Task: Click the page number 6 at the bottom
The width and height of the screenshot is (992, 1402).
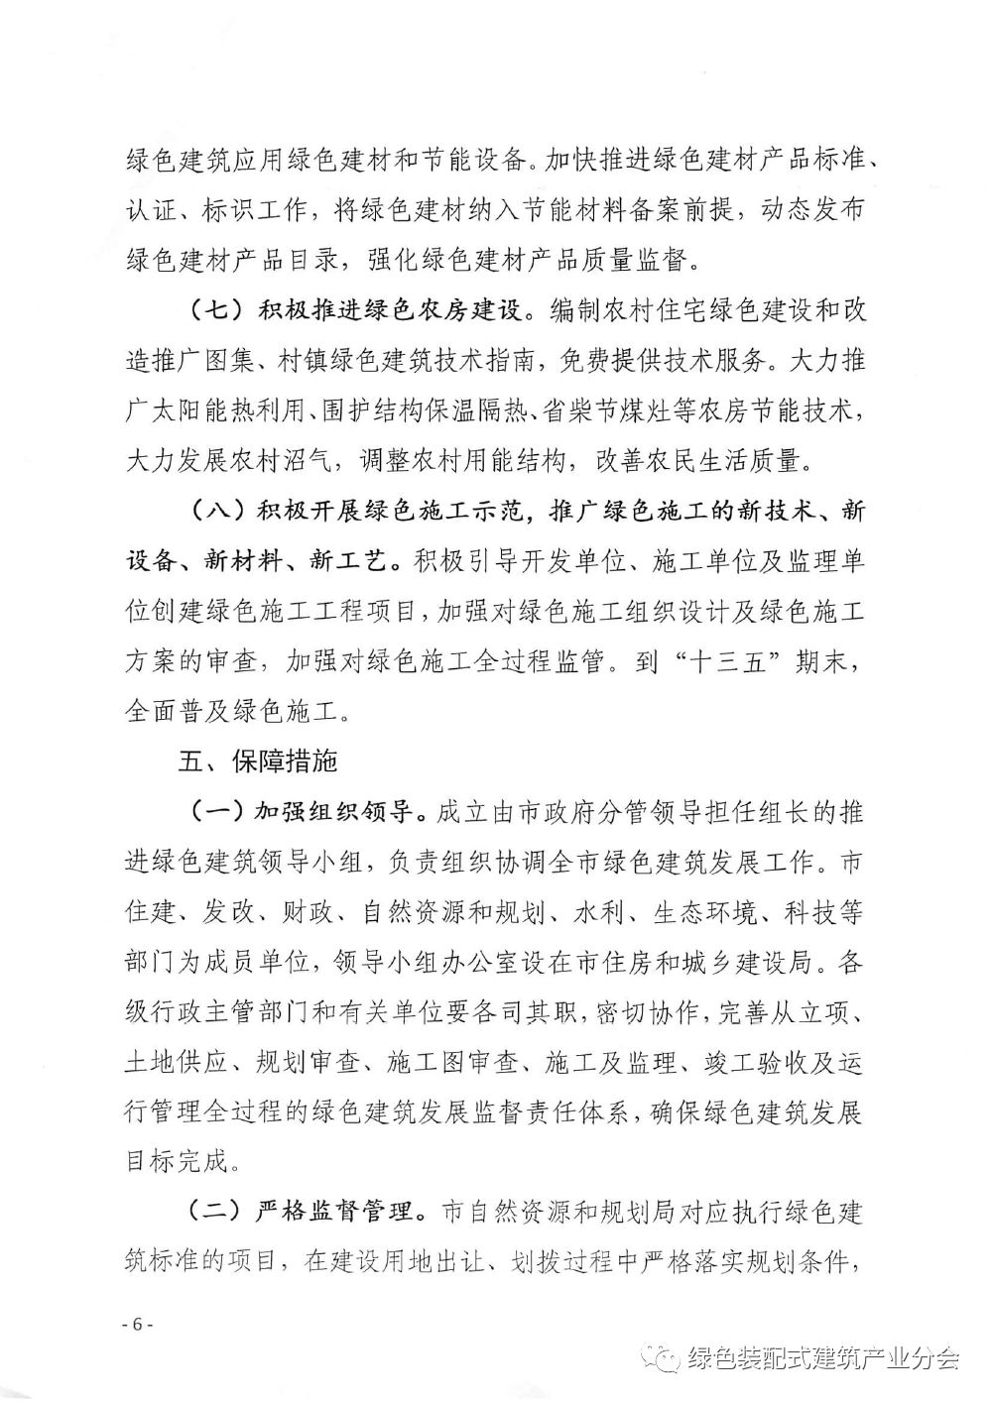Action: click(x=132, y=1325)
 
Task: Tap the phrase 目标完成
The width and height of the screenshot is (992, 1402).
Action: click(x=180, y=1161)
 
